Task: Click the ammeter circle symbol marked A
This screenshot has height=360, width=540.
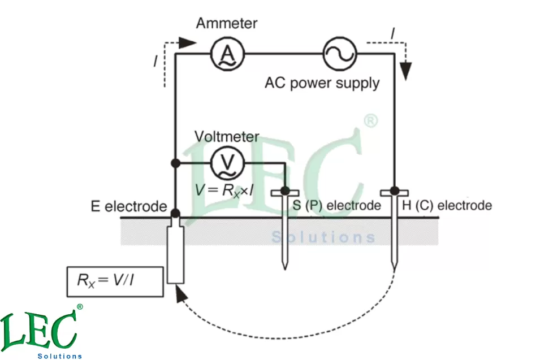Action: (227, 54)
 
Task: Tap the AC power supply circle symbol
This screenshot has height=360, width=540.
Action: (338, 54)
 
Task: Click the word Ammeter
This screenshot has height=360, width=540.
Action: (226, 24)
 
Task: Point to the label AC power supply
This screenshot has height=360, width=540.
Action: (322, 83)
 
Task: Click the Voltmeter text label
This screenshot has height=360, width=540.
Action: (227, 136)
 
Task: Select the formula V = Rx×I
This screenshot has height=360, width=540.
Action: (223, 190)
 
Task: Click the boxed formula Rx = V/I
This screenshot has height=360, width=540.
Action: (115, 280)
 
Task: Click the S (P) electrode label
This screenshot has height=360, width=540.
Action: (337, 206)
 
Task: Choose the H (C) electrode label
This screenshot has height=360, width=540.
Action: (447, 206)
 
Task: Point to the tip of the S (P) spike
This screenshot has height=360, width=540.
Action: (285, 267)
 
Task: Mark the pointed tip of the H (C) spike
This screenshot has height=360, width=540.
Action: (395, 267)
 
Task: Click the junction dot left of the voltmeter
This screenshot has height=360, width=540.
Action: (176, 163)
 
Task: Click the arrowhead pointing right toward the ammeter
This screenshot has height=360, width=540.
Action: (188, 42)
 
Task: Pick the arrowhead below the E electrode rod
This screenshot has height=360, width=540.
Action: (180, 294)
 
